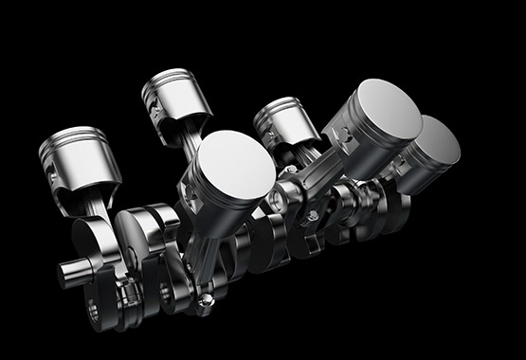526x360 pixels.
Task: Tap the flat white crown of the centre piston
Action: click(232, 161)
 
